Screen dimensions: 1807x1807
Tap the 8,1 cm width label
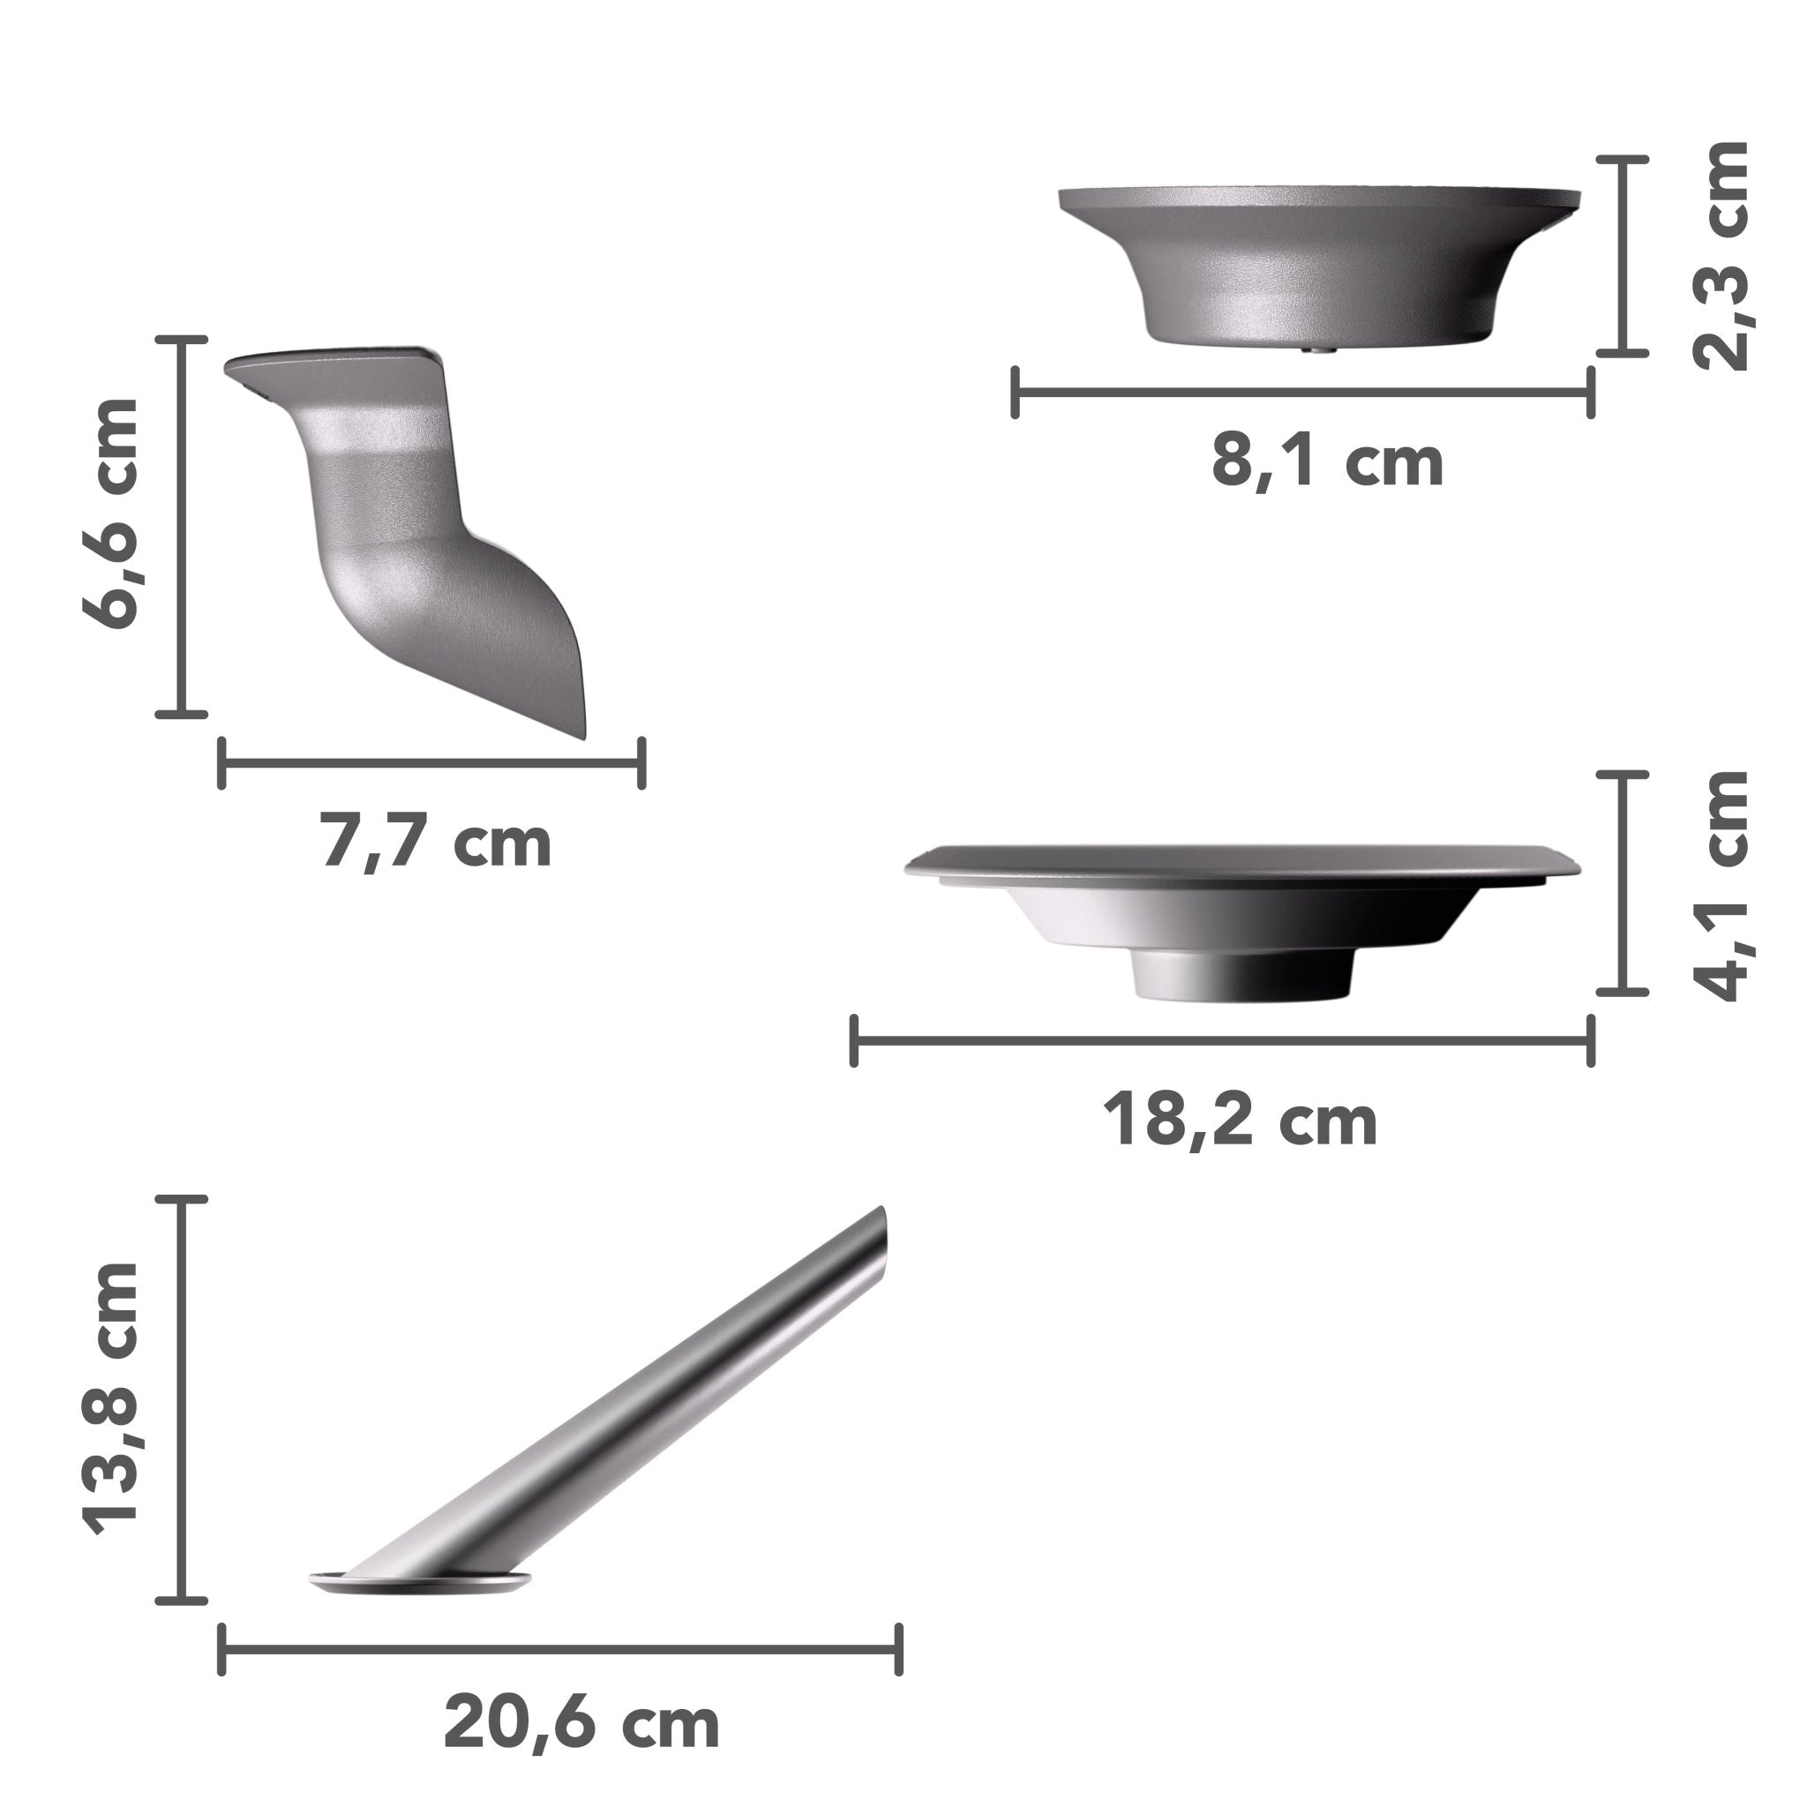[x=1327, y=462]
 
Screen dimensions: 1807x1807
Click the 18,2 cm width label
[x=1241, y=1121]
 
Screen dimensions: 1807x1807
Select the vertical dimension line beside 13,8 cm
[x=180, y=1398]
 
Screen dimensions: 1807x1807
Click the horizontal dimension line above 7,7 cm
[x=431, y=763]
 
